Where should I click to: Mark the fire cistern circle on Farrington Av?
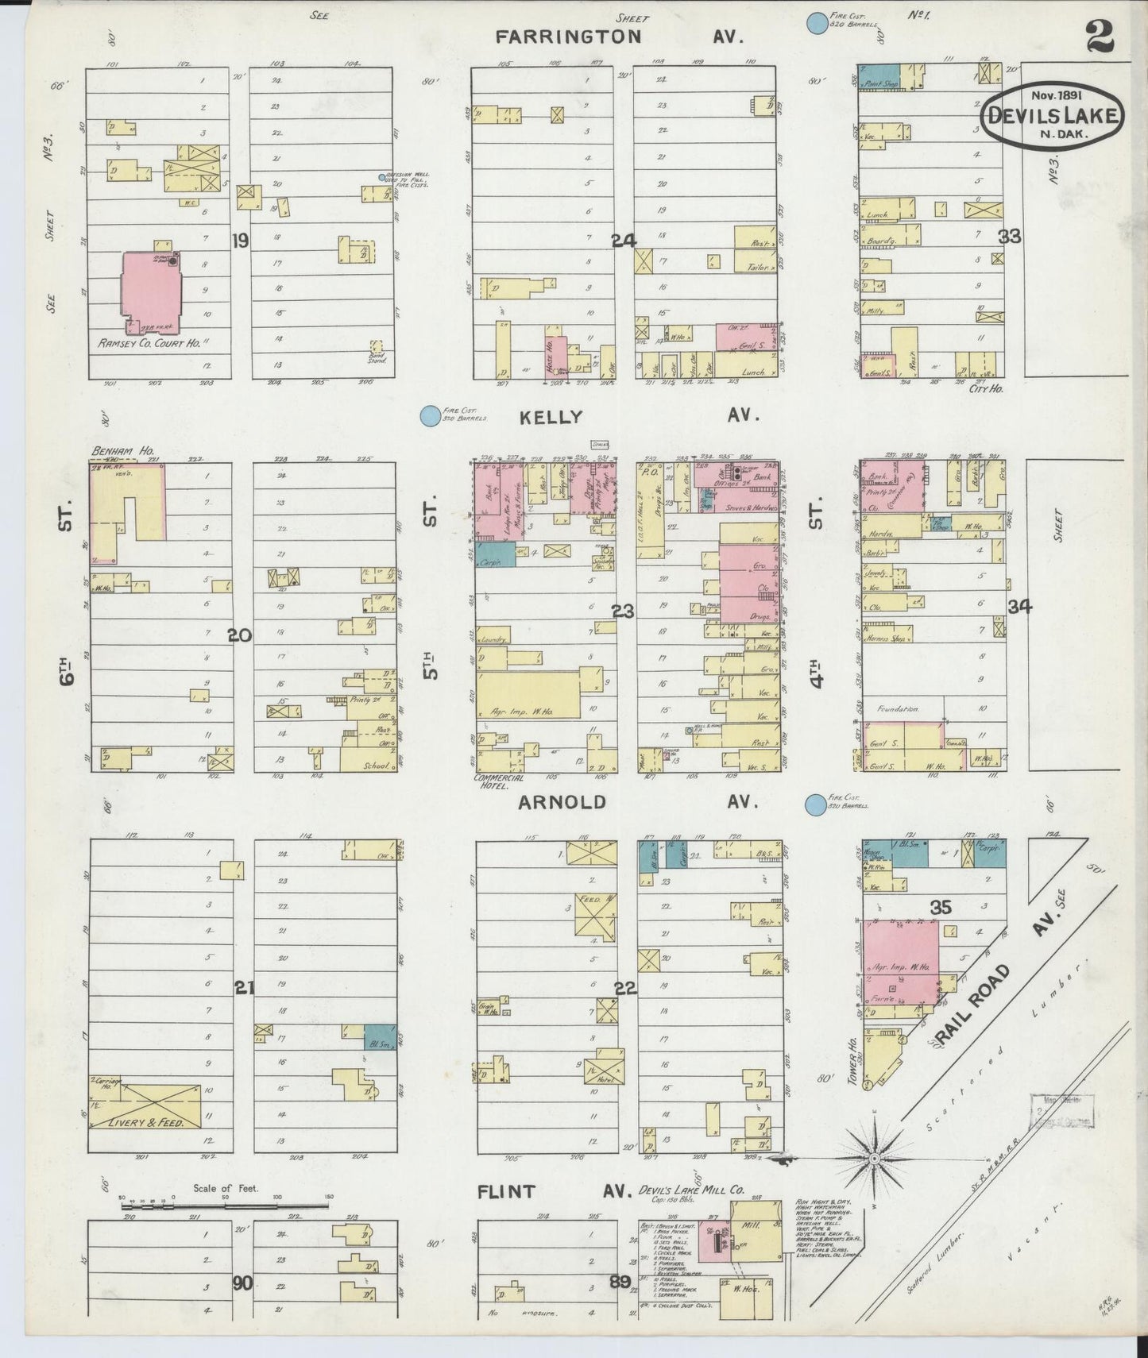[x=815, y=24]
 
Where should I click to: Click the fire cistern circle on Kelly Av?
[x=430, y=415]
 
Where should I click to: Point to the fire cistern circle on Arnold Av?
[x=815, y=805]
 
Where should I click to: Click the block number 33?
[x=1009, y=236]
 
